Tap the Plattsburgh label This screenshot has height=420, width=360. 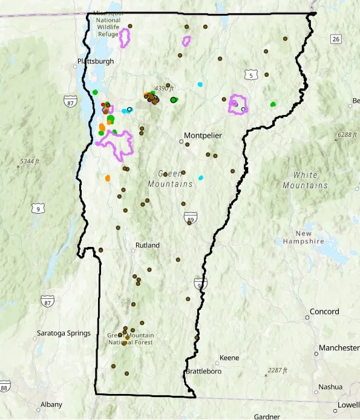95,61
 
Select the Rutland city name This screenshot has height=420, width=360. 146,245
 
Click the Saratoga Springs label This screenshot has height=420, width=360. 64,333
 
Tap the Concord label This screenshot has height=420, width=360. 324,312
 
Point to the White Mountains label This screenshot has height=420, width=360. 305,180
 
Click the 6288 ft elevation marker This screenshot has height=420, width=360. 347,134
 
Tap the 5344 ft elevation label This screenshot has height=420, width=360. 30,161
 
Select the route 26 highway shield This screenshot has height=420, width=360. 336,39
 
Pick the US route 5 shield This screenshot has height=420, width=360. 250,74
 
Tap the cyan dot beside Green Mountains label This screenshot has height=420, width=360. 201,178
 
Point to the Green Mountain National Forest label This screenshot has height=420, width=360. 131,339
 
